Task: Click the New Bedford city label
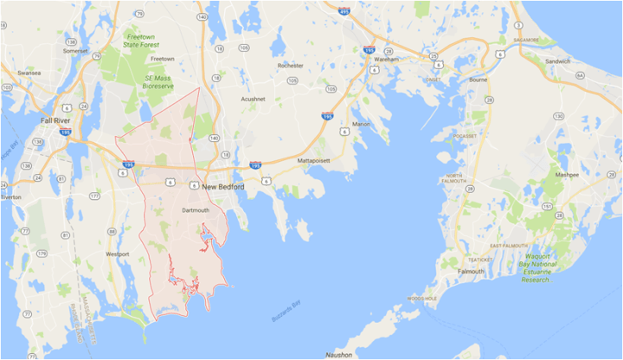[222, 186]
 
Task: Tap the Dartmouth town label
[196, 210]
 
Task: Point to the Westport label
[117, 254]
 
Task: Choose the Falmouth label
[472, 271]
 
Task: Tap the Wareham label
[388, 60]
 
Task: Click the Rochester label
[291, 66]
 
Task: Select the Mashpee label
[568, 174]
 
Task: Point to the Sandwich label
[558, 61]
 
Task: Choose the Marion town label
[361, 124]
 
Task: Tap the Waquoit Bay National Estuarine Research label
[546, 267]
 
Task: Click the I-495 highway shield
[344, 11]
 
